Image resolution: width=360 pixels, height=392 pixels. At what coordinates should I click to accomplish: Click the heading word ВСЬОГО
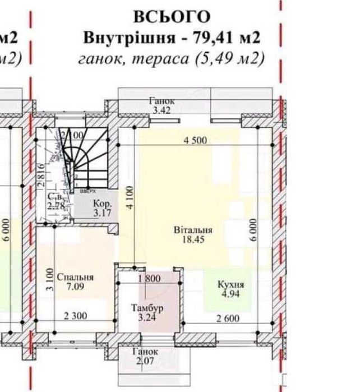point(173,17)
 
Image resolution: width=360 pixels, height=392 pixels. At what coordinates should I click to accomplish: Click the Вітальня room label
point(192,229)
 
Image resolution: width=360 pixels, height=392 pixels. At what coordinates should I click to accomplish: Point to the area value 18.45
point(192,239)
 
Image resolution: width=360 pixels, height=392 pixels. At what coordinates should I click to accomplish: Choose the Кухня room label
point(230,284)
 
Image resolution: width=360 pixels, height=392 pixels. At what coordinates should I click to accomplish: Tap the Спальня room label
point(75,277)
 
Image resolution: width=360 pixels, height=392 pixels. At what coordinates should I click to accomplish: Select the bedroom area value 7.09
point(75,287)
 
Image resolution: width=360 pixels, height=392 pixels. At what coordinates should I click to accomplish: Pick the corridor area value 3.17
point(101,213)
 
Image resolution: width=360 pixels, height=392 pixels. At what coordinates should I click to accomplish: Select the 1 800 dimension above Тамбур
point(149,279)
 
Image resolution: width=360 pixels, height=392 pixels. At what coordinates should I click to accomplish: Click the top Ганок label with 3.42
point(161,105)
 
